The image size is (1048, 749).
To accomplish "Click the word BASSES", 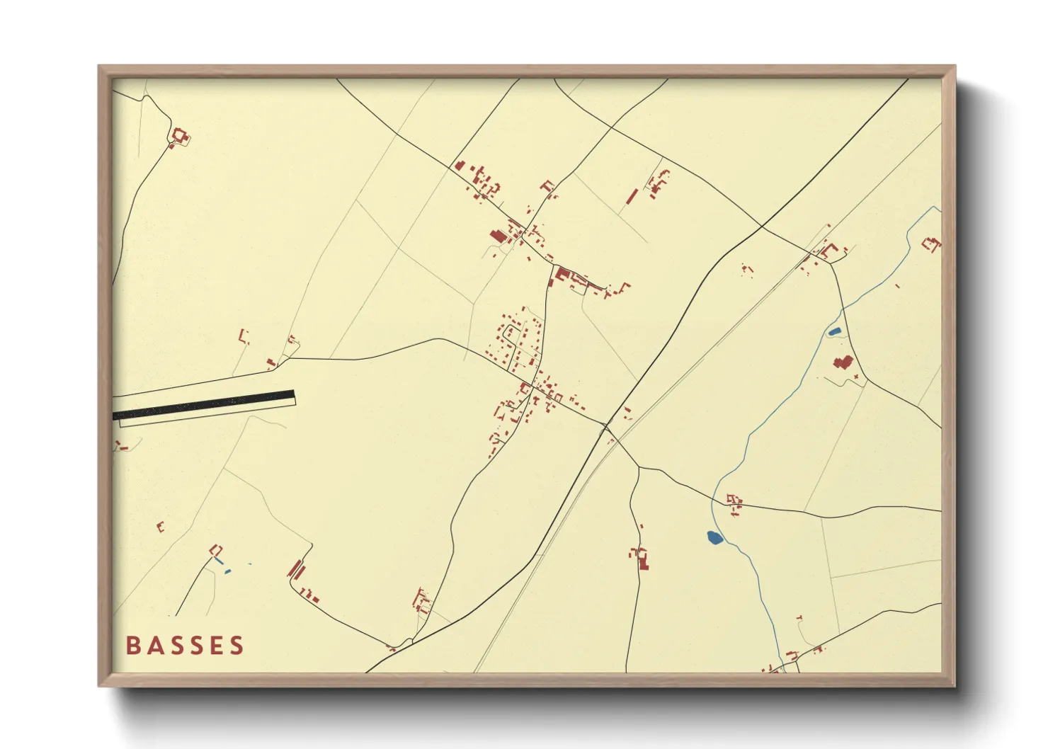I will [x=185, y=646].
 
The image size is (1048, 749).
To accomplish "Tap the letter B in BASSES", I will [x=132, y=646].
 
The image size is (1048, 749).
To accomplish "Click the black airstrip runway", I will [x=204, y=404].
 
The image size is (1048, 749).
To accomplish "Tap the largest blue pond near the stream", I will [x=714, y=538].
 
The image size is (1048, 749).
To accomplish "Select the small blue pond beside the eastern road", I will [x=834, y=331].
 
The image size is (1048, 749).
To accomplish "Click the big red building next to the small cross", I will [x=841, y=363].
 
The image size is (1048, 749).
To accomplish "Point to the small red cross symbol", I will [x=857, y=376].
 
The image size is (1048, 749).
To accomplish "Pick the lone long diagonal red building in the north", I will [x=632, y=196].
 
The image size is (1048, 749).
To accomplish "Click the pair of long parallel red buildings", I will [x=296, y=568].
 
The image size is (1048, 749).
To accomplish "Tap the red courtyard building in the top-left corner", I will [x=180, y=136].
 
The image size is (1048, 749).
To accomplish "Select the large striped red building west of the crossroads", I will [x=498, y=236].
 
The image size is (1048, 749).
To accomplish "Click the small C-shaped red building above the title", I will [x=160, y=527].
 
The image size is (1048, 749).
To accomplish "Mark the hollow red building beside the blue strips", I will [x=216, y=550].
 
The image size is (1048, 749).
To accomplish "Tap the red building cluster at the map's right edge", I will [x=933, y=245].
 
